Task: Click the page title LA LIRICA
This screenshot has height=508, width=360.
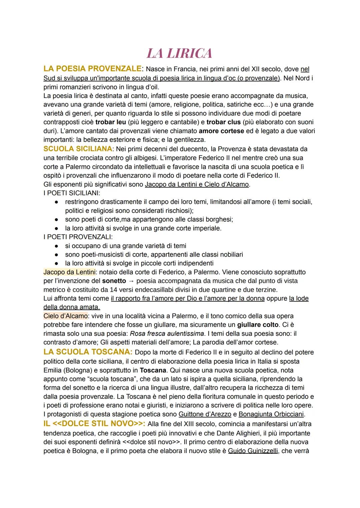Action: pyautogui.click(x=179, y=53)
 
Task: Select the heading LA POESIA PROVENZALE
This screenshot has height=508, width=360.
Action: pyautogui.click(x=92, y=69)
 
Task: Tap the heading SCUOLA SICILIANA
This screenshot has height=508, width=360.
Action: pyautogui.click(x=77, y=149)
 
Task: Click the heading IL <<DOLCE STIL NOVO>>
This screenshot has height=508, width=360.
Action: pyautogui.click(x=94, y=424)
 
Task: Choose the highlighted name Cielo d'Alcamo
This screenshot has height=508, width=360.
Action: pyautogui.click(x=66, y=316)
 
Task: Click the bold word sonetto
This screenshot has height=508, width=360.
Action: pyautogui.click(x=114, y=281)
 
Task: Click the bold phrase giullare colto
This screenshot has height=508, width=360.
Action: pyautogui.click(x=258, y=324)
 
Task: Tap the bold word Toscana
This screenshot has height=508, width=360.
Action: pyautogui.click(x=153, y=370)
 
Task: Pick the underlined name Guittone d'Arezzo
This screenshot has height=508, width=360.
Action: pyautogui.click(x=205, y=414)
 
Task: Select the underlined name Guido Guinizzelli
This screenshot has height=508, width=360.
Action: pyautogui.click(x=253, y=451)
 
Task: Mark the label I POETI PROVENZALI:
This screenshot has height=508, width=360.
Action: pyautogui.click(x=78, y=237)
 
